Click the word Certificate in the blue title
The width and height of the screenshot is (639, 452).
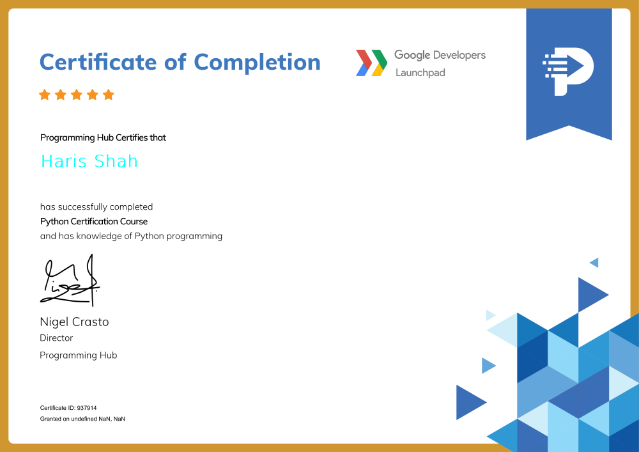tap(98, 63)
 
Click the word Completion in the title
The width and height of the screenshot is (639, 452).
tap(257, 63)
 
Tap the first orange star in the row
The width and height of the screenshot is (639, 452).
tap(45, 95)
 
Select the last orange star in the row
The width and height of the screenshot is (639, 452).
tap(109, 95)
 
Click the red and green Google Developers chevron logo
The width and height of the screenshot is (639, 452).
tap(371, 63)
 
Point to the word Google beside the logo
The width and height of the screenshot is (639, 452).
tap(412, 55)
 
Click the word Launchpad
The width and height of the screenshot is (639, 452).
tap(420, 72)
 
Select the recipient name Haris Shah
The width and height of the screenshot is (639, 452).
tap(89, 161)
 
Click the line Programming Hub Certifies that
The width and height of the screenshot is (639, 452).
tap(103, 137)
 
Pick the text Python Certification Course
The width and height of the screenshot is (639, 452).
tap(94, 221)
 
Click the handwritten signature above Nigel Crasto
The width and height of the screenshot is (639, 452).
tap(70, 281)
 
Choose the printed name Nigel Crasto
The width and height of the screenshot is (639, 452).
tap(74, 322)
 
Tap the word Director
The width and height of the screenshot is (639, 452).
tap(56, 338)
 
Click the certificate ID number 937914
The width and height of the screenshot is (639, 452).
tap(87, 408)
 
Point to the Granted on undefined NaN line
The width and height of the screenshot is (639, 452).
tap(82, 419)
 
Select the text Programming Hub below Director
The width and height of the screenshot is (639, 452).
tap(78, 355)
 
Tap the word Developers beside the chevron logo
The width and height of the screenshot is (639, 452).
tap(459, 56)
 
